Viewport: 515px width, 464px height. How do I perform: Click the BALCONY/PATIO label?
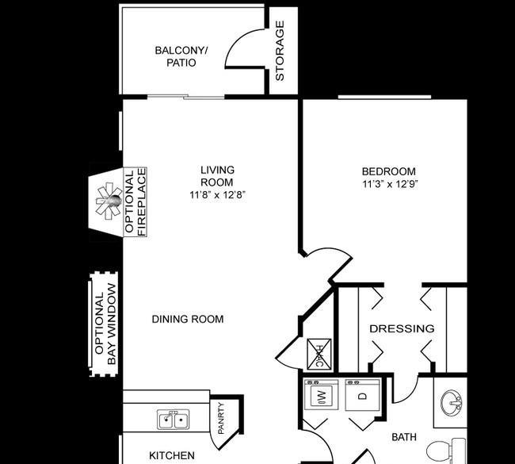click(181, 56)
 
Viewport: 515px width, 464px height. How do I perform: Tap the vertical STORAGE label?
click(280, 51)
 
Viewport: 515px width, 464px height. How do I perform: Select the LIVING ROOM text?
click(217, 176)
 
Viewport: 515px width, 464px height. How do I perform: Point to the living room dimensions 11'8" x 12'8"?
click(217, 194)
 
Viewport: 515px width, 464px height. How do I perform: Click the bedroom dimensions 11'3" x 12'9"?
click(390, 184)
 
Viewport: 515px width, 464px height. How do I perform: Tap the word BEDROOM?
click(389, 171)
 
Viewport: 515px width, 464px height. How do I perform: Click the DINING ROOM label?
click(188, 319)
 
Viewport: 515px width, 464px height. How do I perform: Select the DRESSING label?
click(402, 328)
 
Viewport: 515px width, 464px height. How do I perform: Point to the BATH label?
click(404, 437)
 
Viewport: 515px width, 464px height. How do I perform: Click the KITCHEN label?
click(172, 455)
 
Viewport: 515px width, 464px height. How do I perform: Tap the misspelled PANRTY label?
click(221, 418)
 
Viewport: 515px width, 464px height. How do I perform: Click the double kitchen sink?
click(173, 420)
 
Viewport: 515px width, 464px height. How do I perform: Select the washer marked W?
click(321, 395)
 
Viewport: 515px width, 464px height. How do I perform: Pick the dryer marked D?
click(363, 395)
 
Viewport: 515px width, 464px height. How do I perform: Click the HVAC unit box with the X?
click(319, 354)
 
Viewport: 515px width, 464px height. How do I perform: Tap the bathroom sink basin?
click(452, 403)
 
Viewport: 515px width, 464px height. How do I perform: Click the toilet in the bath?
click(446, 451)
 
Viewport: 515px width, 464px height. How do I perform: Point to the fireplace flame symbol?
click(109, 201)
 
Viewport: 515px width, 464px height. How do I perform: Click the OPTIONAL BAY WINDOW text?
click(105, 324)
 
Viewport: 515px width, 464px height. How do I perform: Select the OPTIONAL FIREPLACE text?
click(135, 202)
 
